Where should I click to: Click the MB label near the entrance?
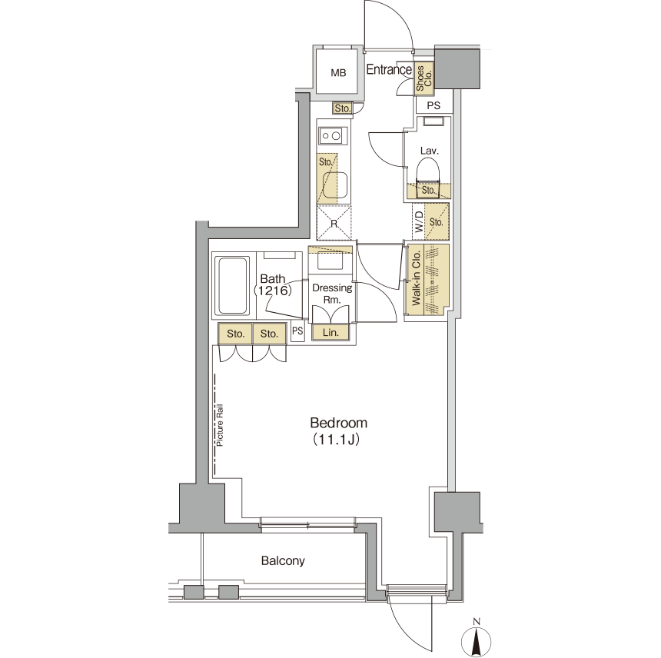[338, 73]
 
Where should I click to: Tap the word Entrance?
[389, 69]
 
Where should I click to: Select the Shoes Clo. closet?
[424, 78]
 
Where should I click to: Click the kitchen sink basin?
[336, 186]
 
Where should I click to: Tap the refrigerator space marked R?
[334, 223]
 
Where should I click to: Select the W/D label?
[419, 221]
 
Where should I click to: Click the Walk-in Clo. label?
[416, 278]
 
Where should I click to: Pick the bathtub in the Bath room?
[232, 285]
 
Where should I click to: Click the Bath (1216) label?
[273, 284]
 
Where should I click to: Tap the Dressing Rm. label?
[332, 294]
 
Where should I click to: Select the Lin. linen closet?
[330, 332]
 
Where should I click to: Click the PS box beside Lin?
[297, 331]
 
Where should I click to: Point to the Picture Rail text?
[219, 425]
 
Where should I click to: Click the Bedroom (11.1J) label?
[338, 430]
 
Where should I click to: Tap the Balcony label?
[283, 560]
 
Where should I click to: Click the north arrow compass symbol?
[477, 639]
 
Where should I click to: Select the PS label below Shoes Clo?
[433, 105]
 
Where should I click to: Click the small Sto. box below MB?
[343, 108]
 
